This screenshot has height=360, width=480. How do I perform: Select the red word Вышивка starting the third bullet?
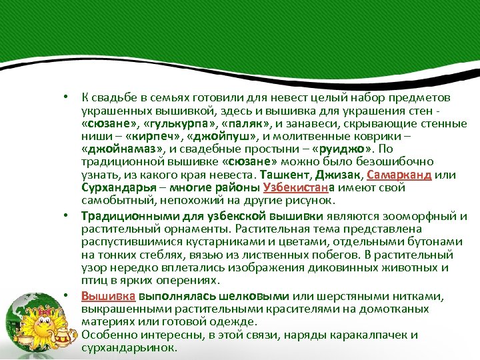coord(109,296)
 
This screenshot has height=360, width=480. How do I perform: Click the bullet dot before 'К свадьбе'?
coord(67,99)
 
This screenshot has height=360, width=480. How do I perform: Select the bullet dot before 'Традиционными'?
coord(67,216)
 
